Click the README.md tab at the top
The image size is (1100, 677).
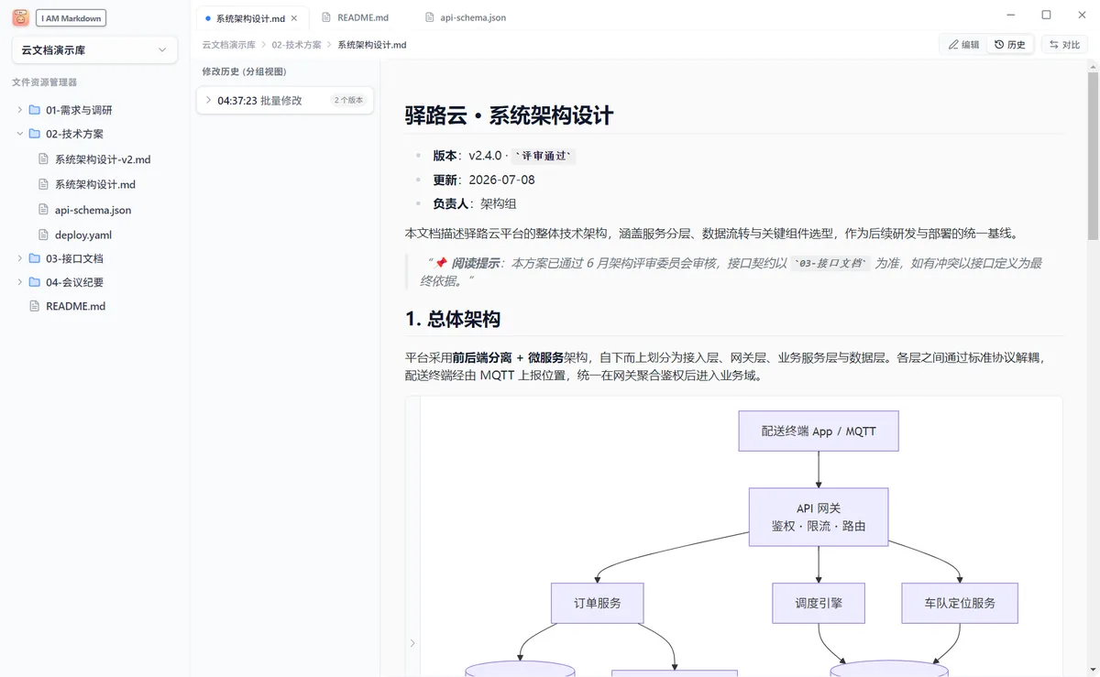coord(355,17)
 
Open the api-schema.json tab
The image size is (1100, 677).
coord(465,17)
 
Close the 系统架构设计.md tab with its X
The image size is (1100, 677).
coord(294,18)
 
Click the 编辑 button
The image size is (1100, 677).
coord(963,45)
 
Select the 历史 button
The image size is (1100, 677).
coord(1010,45)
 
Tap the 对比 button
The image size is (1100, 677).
coord(1064,45)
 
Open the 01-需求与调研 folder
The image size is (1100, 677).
coord(79,110)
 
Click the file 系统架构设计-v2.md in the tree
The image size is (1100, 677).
coord(103,159)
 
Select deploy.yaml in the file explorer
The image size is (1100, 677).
coord(83,235)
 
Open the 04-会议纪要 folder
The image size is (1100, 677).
coord(74,282)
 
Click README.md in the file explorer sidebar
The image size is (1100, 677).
coord(75,306)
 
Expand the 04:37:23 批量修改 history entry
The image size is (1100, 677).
coord(285,101)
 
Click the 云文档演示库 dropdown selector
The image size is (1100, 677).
coord(94,50)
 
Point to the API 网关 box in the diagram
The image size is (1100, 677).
coord(819,517)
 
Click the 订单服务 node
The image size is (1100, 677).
coord(597,604)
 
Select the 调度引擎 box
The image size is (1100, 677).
coord(819,604)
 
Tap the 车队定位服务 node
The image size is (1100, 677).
coord(960,604)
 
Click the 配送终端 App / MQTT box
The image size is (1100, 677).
coord(819,431)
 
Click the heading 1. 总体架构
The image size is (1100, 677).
coord(453,319)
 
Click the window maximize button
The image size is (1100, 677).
coord(1046,16)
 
